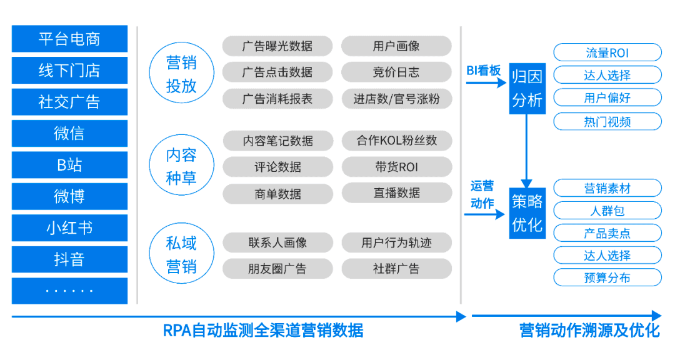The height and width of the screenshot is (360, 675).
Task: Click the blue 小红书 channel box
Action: coord(69,228)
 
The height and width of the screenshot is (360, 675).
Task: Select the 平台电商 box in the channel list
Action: coord(69,39)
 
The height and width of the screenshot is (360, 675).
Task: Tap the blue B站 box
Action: coord(69,165)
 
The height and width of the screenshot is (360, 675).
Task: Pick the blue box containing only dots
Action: coord(69,291)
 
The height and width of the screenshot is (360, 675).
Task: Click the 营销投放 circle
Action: coord(181,74)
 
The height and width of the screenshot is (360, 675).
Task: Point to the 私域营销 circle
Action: coord(181,255)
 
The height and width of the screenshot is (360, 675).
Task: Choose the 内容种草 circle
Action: coord(181,166)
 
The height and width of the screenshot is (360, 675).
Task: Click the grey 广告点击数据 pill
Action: coord(277,72)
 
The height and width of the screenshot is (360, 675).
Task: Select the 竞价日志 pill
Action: coord(396,72)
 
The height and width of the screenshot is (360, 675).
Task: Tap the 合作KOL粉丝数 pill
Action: coord(396,141)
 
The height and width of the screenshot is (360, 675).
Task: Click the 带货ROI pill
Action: coord(396,167)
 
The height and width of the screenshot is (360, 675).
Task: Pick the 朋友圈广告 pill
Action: coord(277,269)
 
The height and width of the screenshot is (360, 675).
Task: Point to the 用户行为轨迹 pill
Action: coord(396,242)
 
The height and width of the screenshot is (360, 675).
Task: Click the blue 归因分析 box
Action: coord(527,88)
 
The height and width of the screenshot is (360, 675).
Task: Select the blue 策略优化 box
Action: coord(527,213)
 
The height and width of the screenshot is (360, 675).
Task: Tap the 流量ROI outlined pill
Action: coord(607,52)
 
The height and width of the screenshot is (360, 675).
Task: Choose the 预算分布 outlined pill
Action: coord(607,277)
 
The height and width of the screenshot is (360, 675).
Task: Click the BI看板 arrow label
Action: coord(484,71)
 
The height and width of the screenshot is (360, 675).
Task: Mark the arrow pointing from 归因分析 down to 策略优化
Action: coord(527,150)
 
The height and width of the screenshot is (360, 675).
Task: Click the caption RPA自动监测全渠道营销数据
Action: coord(263,330)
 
